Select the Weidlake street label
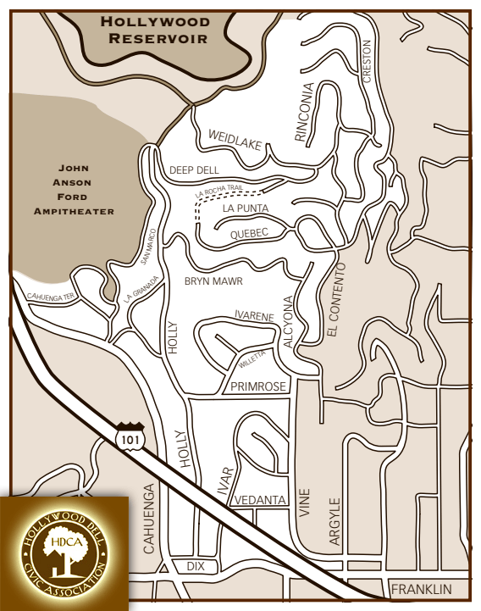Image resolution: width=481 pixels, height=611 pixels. click(x=235, y=138)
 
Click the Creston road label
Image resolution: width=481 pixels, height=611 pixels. click(x=367, y=61)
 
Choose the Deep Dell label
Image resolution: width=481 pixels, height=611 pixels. click(x=194, y=170)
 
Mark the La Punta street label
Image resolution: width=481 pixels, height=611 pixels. click(x=245, y=208)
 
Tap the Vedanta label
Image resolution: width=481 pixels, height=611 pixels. click(x=260, y=500)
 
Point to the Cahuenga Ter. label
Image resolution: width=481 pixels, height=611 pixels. click(x=51, y=297)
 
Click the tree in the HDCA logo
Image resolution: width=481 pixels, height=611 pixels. click(x=65, y=554)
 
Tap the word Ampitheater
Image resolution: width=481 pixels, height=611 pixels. click(x=74, y=211)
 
